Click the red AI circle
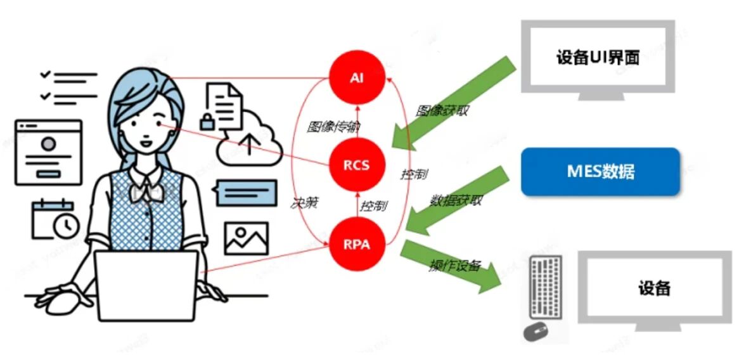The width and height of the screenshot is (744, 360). (x=357, y=80)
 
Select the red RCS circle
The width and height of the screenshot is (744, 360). (x=357, y=165)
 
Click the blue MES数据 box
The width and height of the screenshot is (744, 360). (x=600, y=171)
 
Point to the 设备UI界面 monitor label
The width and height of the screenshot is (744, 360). (x=598, y=58)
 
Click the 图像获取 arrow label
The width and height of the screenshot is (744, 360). (x=442, y=110)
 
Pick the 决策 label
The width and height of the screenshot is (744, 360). (x=305, y=204)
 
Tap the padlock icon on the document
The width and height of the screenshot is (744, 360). (x=207, y=120)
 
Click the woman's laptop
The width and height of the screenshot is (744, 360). (x=146, y=285)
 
